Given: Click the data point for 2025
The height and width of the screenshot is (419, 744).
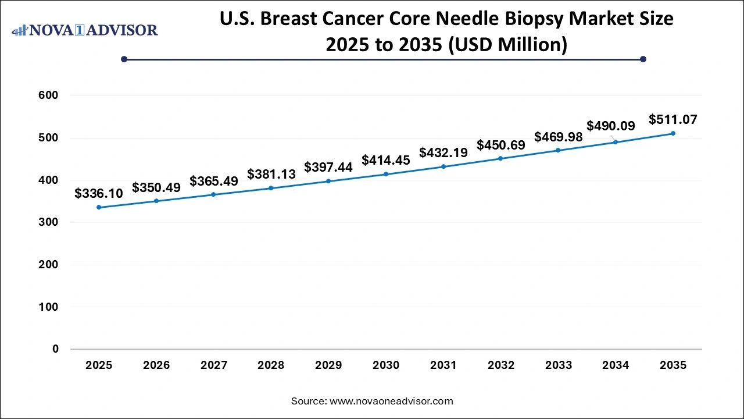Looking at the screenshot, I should click(x=99, y=207).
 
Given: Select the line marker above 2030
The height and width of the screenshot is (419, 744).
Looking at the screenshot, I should click(x=386, y=174).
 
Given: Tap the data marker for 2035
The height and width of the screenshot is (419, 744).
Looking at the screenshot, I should click(x=673, y=133).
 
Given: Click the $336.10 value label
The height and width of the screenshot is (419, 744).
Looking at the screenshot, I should click(x=99, y=193).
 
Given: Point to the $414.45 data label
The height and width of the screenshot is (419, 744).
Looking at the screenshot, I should click(x=386, y=159).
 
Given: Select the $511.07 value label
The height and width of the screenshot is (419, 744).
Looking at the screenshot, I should click(x=673, y=120).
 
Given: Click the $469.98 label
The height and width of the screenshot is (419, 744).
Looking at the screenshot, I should click(x=558, y=137).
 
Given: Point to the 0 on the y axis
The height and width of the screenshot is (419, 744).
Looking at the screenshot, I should click(x=55, y=349).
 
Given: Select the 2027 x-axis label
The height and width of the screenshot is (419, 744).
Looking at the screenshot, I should click(x=214, y=365).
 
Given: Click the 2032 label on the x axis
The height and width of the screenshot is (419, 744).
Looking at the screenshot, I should click(x=501, y=365).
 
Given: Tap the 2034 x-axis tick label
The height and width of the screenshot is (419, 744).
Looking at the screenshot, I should click(x=616, y=365).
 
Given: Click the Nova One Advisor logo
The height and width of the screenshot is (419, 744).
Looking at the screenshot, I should click(x=85, y=30).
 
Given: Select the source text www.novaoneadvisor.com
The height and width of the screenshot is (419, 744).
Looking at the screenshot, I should click(x=391, y=401).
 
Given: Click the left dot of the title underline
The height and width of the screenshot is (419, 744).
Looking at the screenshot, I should click(x=124, y=59).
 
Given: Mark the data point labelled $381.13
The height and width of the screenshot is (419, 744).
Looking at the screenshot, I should click(x=271, y=188).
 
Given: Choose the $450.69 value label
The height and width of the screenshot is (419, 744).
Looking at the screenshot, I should click(x=501, y=144).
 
